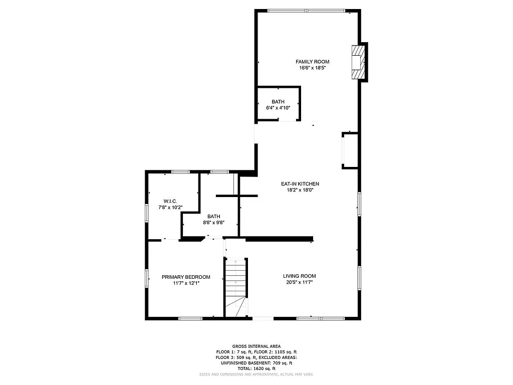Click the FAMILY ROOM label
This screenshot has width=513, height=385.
pyautogui.click(x=312, y=62)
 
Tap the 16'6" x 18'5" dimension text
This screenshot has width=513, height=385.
pyautogui.click(x=312, y=68)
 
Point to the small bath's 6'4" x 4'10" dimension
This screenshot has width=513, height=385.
pyautogui.click(x=278, y=108)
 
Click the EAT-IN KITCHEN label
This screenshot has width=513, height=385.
pyautogui.click(x=300, y=184)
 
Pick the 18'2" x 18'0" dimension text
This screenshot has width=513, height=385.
pyautogui.click(x=300, y=190)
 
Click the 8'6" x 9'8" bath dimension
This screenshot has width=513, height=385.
pyautogui.click(x=213, y=223)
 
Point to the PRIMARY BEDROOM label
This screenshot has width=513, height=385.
pyautogui.click(x=186, y=277)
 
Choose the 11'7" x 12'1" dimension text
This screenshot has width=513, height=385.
pyautogui.click(x=186, y=284)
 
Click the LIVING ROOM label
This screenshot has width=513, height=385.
pyautogui.click(x=299, y=276)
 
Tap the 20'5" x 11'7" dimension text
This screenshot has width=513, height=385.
pyautogui.click(x=299, y=282)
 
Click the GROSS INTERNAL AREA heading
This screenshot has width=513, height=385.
pyautogui.click(x=256, y=346)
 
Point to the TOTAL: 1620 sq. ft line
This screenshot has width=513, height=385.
pyautogui.click(x=256, y=368)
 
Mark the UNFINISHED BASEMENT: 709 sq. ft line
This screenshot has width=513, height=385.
pyautogui.click(x=256, y=363)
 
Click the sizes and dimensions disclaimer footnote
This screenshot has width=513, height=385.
pyautogui.click(x=256, y=374)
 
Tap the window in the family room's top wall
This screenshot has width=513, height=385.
pyautogui.click(x=306, y=11)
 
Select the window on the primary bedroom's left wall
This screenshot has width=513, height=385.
pyautogui.click(x=147, y=278)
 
